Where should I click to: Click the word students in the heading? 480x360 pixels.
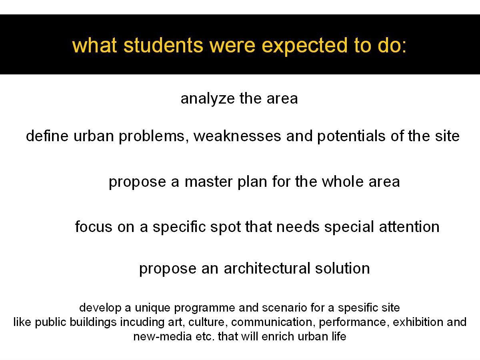[163, 46]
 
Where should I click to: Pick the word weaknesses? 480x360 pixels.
[237, 136]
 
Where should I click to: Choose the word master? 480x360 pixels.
[208, 182]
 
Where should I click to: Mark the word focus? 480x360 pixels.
[94, 226]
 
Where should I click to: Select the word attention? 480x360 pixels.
[409, 227]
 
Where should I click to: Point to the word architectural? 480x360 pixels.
[267, 268]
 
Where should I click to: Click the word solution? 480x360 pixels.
[342, 268]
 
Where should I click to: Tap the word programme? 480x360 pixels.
[204, 308]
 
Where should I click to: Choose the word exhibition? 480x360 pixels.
[418, 322]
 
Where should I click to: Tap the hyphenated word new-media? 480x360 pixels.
[162, 336]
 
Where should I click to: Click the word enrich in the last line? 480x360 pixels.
[277, 336]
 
